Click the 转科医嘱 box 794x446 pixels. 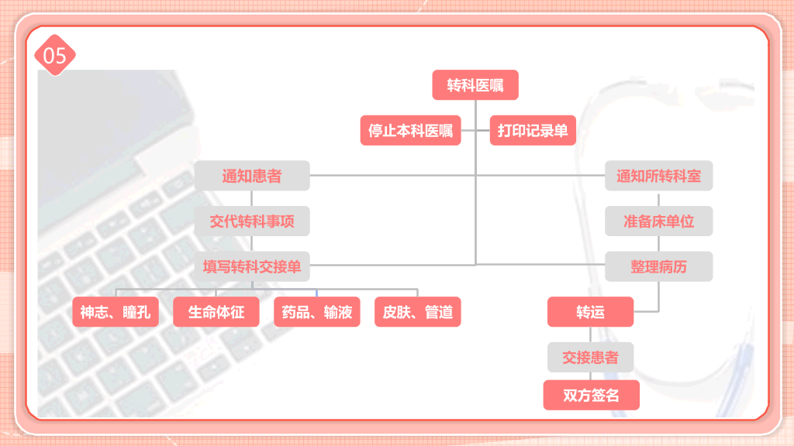coord(475,85)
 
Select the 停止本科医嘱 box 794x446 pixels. coord(411,130)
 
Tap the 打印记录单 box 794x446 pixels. coord(533,130)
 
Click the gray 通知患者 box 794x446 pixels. coord(252,176)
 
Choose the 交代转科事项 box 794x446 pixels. coord(252,221)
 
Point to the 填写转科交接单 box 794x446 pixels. coord(252,266)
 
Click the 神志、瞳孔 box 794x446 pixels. coord(116,312)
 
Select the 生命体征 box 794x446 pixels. coord(216,312)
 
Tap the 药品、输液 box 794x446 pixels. coord(317,312)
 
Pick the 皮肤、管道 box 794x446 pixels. coord(418,312)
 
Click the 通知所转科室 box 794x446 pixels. coord(659,176)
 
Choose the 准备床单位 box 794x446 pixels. coord(659,221)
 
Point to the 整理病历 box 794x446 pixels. coord(659,266)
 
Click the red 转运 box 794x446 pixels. coord(590,312)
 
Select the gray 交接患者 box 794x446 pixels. coord(590,358)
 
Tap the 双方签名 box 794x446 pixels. coord(592,395)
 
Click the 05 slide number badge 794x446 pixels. coord(55,55)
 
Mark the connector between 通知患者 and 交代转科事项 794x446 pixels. coord(252,198)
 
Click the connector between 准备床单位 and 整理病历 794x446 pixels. coord(659,244)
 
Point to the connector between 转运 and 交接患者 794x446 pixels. coord(590,334)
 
